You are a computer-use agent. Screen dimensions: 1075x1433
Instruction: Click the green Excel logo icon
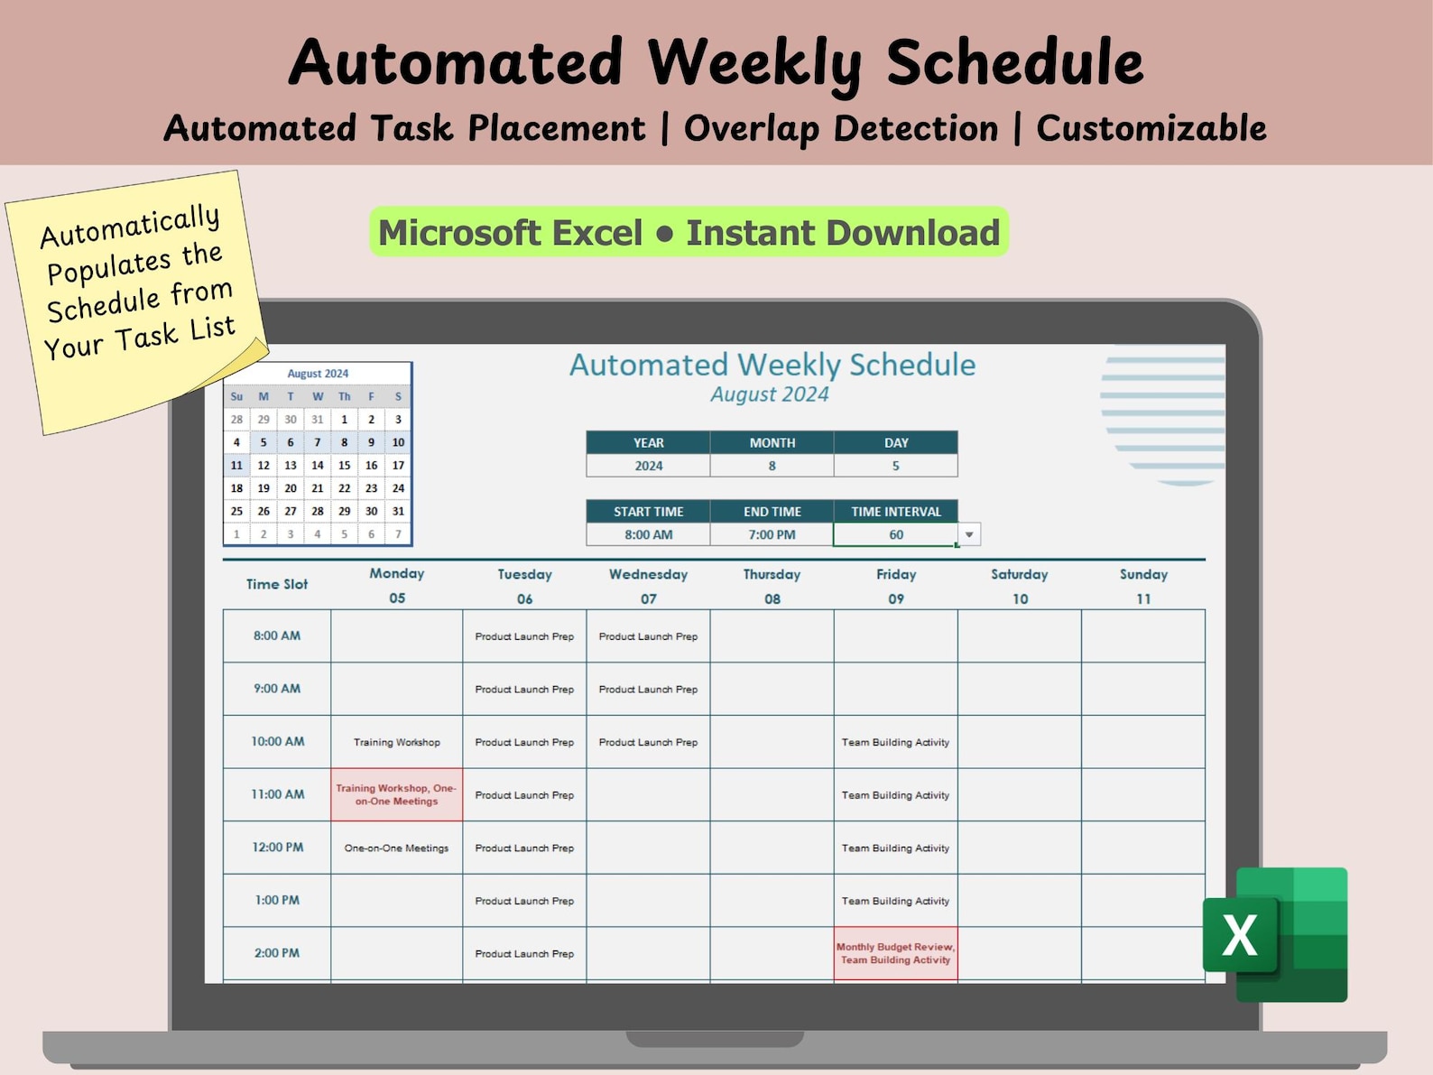pos(1275,934)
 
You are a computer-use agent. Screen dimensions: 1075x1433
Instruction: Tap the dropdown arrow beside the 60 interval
pos(969,534)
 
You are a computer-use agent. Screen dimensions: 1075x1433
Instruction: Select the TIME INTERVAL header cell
pos(895,511)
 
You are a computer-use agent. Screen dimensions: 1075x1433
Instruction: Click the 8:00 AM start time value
pos(648,534)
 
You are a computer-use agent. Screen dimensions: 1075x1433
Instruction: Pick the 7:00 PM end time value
pos(772,534)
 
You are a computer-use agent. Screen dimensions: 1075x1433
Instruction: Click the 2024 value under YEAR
pos(648,466)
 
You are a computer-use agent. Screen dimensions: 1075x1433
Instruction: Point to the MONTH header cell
pos(772,442)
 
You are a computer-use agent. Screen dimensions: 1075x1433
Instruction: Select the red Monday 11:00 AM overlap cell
pos(396,794)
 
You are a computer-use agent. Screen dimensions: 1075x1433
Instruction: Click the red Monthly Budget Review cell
pos(895,953)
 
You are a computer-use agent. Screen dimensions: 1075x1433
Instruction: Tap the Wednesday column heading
pos(648,574)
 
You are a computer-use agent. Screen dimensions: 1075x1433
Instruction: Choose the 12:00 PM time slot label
pos(277,847)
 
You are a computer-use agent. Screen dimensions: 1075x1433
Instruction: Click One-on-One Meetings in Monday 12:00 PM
pos(396,848)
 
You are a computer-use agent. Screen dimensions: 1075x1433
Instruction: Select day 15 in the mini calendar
pos(344,465)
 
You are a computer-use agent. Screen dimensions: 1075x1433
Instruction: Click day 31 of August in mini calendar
pos(398,511)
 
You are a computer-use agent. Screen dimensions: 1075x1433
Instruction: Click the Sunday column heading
pos(1142,574)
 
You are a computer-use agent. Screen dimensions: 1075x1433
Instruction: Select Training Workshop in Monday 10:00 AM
pos(396,742)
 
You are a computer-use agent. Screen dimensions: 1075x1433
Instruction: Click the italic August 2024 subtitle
pos(769,394)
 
